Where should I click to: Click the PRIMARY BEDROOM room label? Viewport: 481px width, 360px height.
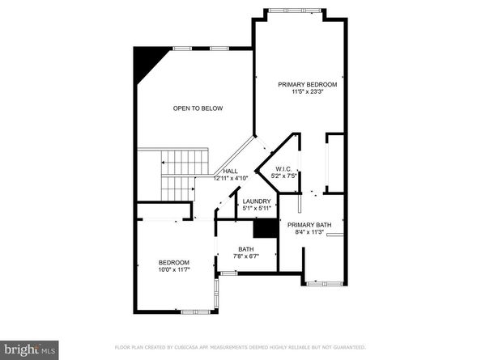pos(307,84)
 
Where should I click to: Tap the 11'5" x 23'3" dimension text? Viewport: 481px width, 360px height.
pos(307,91)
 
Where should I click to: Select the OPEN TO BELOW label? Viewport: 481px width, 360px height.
pos(198,108)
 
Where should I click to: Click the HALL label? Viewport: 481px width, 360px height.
pos(231,171)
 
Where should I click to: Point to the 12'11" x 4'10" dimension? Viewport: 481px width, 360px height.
pos(231,178)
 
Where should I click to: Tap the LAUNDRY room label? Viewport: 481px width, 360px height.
pos(257,201)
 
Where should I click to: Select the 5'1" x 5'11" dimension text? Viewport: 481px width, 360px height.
pos(257,208)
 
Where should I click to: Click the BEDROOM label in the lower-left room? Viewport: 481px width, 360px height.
pos(173,262)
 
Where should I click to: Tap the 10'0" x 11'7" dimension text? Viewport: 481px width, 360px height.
pos(173,269)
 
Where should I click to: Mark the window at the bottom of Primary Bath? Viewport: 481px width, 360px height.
pos(324,283)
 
